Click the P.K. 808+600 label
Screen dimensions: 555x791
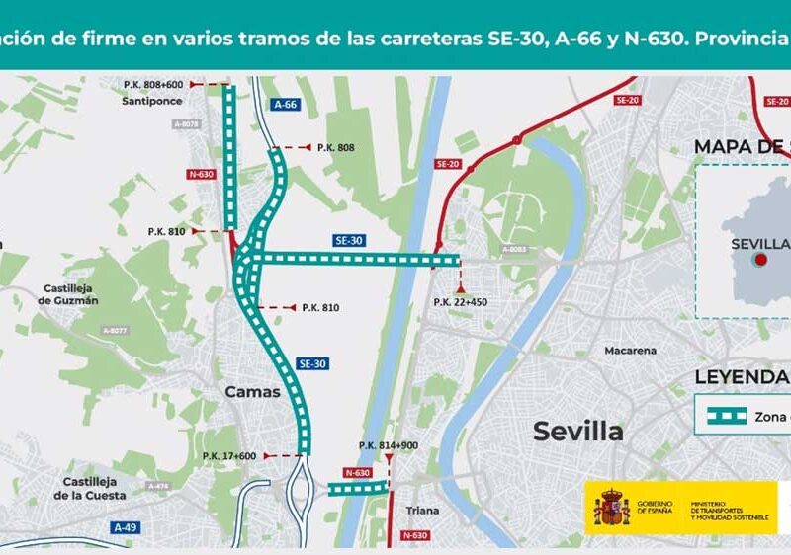click(x=154, y=85)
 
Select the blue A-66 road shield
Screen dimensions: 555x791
click(x=286, y=103)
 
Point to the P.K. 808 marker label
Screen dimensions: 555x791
click(x=335, y=147)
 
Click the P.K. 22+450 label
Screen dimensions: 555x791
click(x=461, y=301)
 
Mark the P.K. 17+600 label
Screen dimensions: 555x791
click(x=229, y=455)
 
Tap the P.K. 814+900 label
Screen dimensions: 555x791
click(x=389, y=445)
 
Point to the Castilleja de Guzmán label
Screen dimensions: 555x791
click(x=70, y=293)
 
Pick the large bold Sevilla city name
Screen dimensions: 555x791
click(x=578, y=431)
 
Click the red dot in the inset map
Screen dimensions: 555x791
click(x=761, y=260)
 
